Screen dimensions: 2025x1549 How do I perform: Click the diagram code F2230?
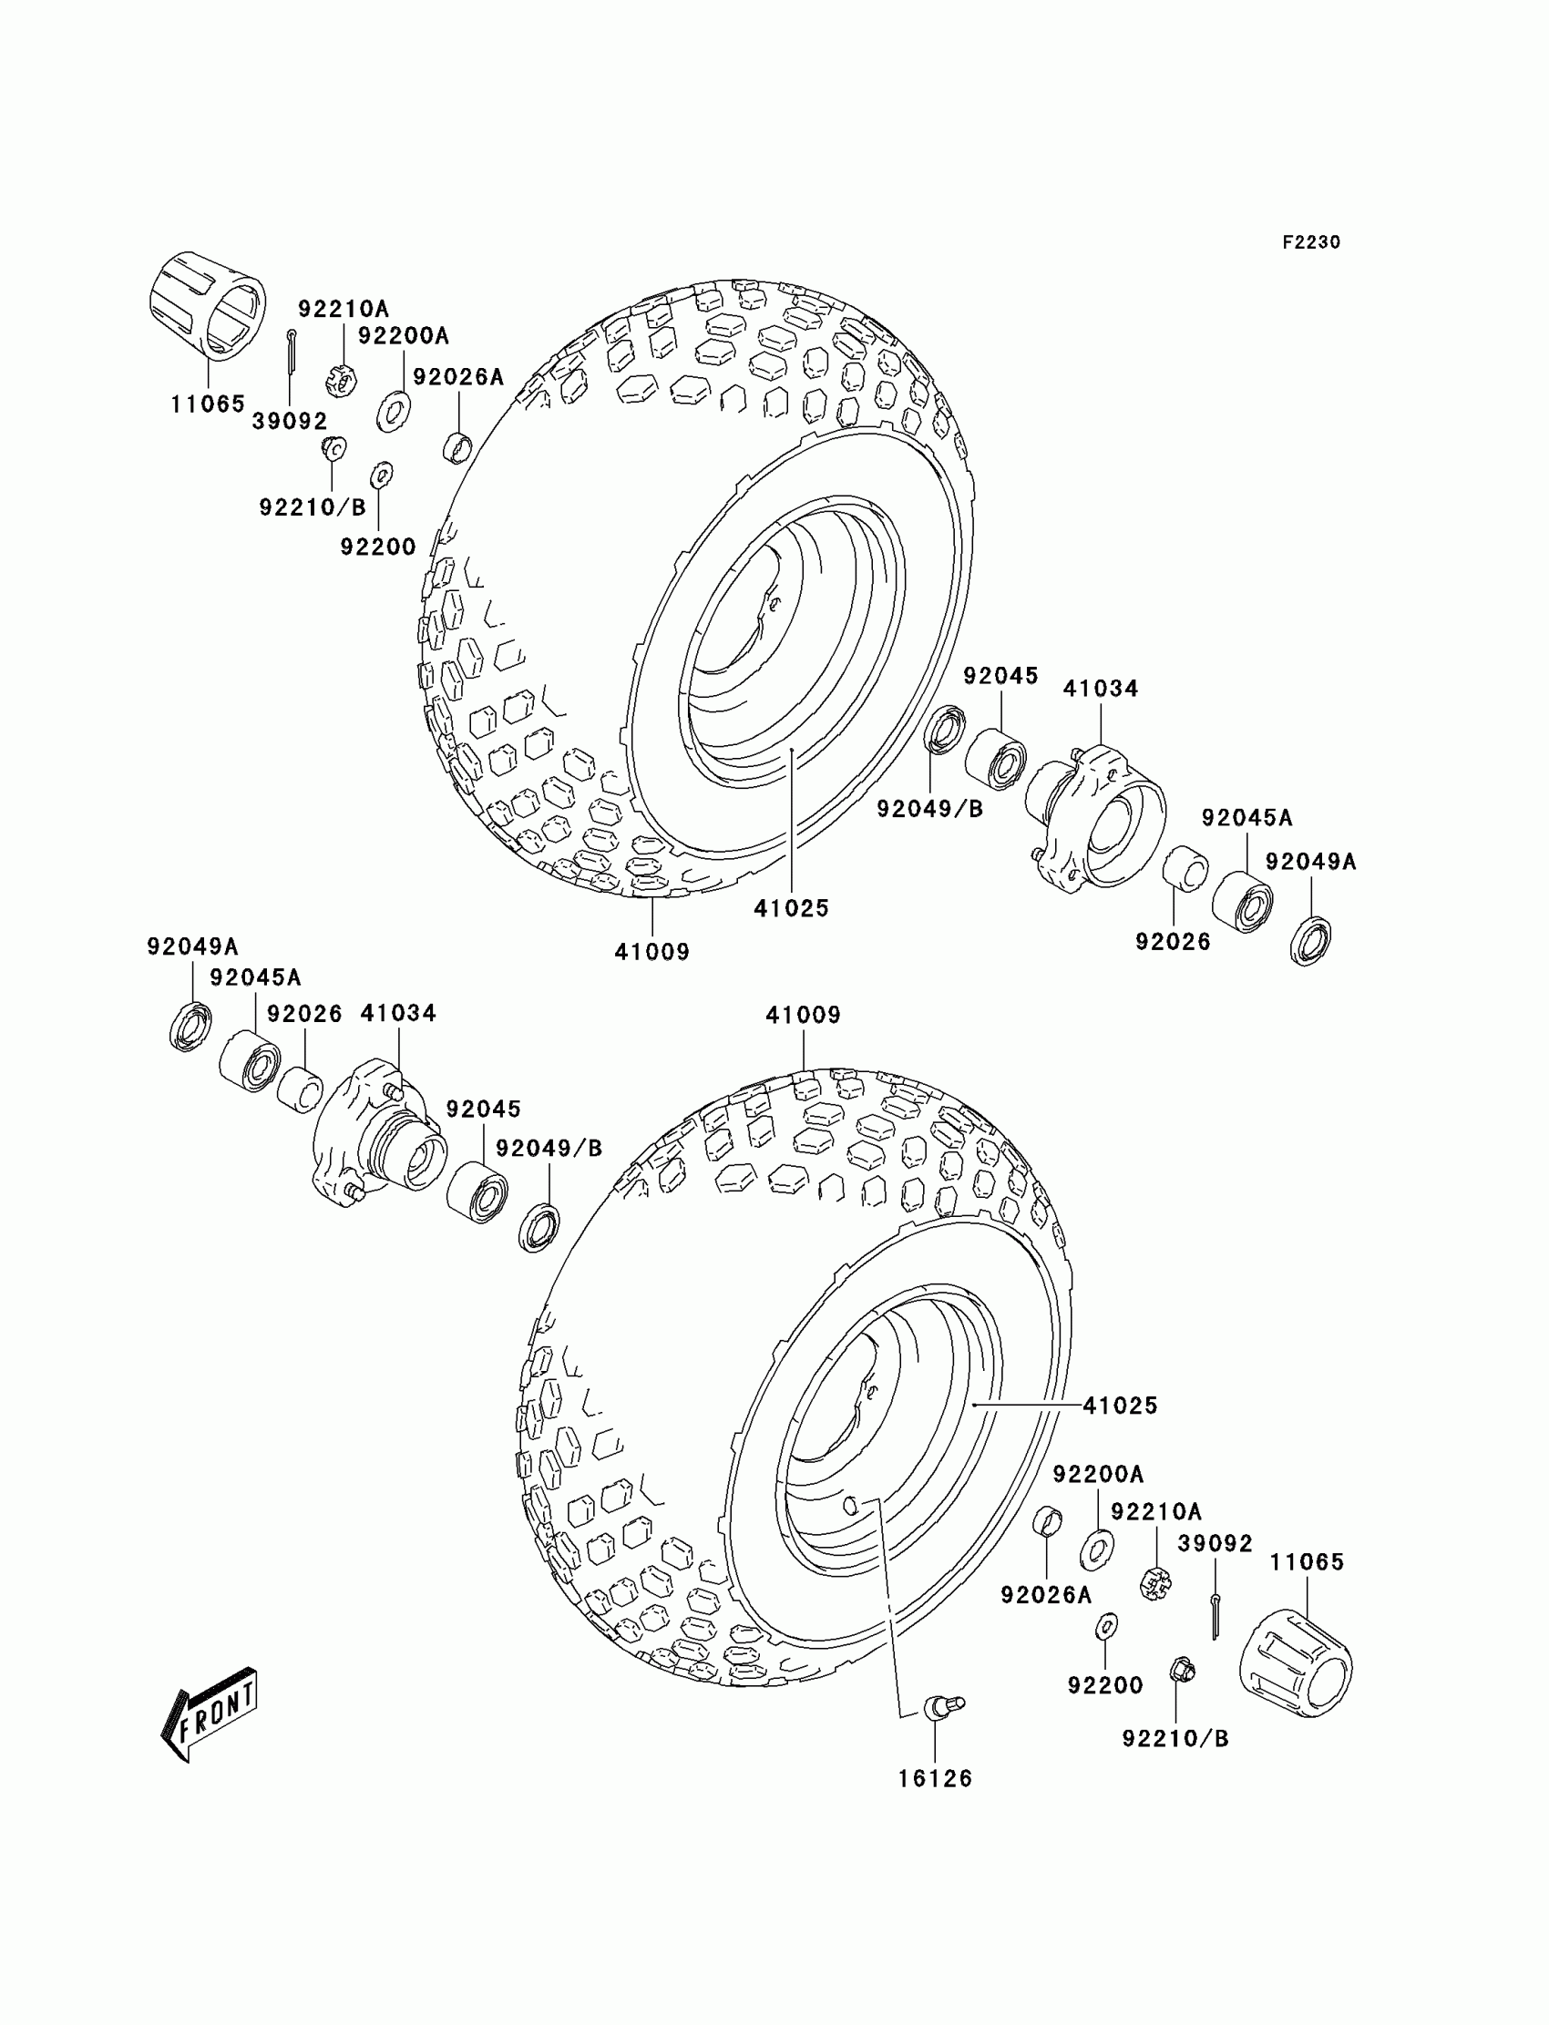(1310, 242)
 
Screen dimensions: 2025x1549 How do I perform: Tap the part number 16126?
(935, 1779)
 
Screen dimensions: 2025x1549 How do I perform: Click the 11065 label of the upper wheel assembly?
(209, 404)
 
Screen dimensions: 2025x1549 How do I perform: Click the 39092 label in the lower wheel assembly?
(1216, 1544)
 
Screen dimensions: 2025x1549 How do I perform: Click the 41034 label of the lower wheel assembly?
(398, 1013)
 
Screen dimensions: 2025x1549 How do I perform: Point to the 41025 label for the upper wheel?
(791, 908)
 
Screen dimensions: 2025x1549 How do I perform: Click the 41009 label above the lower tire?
(803, 1015)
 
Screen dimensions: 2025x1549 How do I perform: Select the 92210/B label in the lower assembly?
(1175, 1738)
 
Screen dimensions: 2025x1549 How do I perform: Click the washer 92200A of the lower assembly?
(1096, 1549)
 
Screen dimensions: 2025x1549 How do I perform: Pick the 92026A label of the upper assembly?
(458, 377)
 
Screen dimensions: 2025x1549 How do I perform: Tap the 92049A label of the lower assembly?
(192, 946)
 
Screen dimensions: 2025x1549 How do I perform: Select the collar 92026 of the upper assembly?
(1185, 867)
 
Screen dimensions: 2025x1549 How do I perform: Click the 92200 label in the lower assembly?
(1105, 1685)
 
